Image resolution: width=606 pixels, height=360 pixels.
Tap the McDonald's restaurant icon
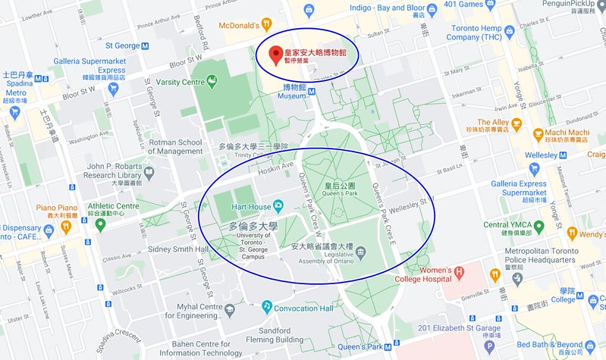(265, 23)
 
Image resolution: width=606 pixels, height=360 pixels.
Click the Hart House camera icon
(278, 206)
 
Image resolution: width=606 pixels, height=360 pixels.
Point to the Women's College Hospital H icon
(458, 271)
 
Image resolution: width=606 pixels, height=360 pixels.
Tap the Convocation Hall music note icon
(267, 306)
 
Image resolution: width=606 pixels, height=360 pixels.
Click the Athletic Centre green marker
(100, 224)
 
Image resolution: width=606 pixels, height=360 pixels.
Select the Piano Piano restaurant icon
(66, 225)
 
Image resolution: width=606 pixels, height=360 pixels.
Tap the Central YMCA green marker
(538, 225)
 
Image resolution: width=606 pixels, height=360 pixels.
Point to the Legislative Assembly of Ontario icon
(360, 250)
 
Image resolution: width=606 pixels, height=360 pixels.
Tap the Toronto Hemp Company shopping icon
(509, 31)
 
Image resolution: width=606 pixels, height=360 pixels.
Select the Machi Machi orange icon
(538, 133)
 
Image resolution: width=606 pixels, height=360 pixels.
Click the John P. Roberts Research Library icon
(149, 172)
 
